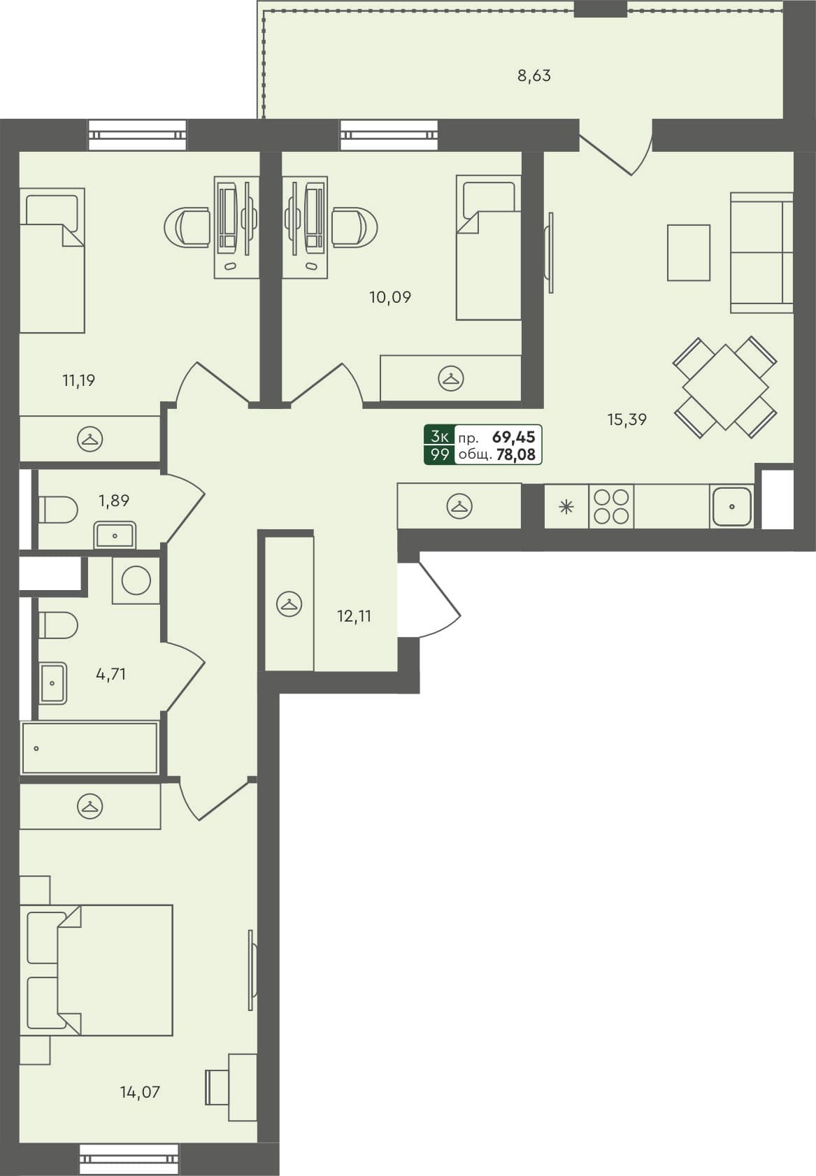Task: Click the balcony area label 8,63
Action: [x=534, y=76]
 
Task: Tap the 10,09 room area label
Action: [x=390, y=297]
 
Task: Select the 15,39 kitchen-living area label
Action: [x=627, y=420]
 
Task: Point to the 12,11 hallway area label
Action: [x=354, y=616]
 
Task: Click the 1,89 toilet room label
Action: [x=114, y=501]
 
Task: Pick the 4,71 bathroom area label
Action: [x=111, y=674]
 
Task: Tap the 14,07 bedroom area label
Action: [x=140, y=1091]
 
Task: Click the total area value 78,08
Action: [x=515, y=455]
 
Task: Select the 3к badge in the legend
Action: [x=440, y=437]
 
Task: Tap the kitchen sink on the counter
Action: [x=731, y=506]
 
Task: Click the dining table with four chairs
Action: [x=725, y=387]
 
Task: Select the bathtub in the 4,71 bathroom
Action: [x=90, y=748]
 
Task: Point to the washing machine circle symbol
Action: [x=136, y=580]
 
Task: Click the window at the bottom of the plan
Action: [x=129, y=1159]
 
